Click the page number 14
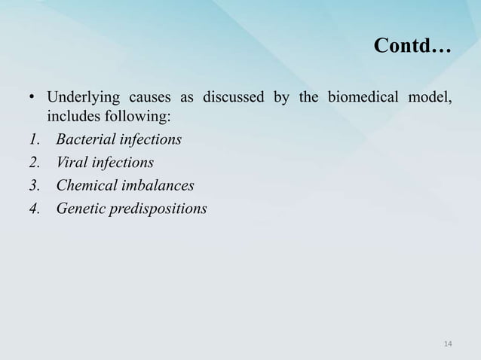448,344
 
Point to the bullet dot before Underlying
31,99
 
